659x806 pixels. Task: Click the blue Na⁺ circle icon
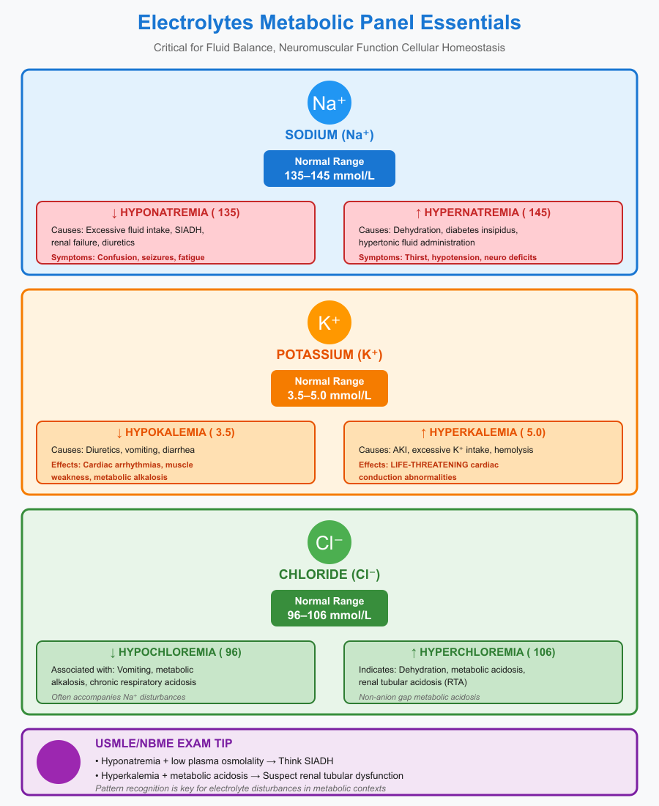click(329, 102)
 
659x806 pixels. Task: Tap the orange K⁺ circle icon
click(329, 322)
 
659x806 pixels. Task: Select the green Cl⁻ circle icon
click(329, 541)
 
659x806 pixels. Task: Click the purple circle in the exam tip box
click(59, 762)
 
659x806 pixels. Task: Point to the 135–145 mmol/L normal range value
click(329, 176)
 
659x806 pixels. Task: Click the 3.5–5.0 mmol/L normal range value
click(329, 396)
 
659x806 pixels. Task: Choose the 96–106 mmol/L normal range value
click(329, 615)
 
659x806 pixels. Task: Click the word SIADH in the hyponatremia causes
click(191, 229)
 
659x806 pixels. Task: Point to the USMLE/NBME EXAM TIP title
click(163, 743)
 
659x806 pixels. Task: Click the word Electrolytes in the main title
click(190, 23)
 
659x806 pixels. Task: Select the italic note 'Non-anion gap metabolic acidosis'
click(420, 697)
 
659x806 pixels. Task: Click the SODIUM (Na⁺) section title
click(329, 134)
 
